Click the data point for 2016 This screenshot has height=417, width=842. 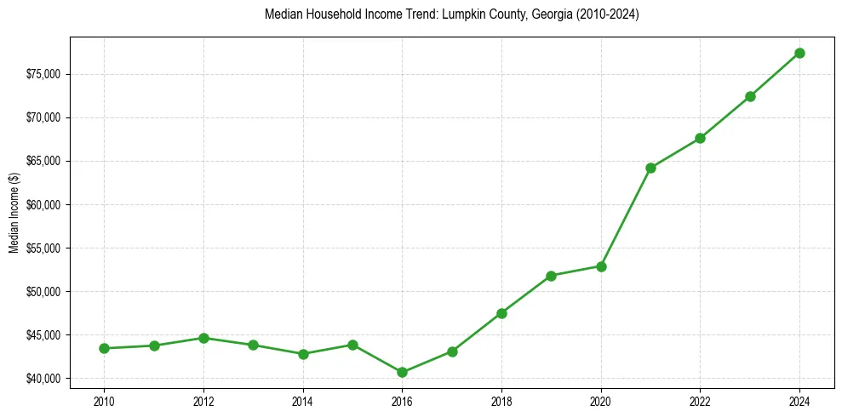pos(402,372)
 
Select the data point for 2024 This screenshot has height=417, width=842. pos(799,53)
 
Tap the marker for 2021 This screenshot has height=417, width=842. pos(650,168)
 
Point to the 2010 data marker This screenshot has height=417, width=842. pos(104,348)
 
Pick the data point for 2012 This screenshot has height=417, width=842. pos(203,338)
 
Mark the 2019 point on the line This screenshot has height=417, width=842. pos(551,276)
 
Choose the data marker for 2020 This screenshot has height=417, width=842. pos(601,266)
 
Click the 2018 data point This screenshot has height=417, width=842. pos(501,313)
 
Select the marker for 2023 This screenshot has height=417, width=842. pos(750,96)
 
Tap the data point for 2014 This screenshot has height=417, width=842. pos(303,354)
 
